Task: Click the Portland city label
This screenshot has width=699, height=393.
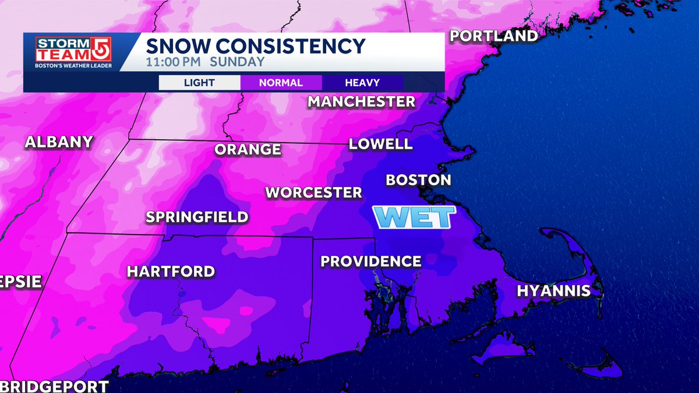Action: point(494,36)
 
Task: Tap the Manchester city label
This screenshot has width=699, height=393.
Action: point(361,101)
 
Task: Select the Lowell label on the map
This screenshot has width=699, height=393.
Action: point(380,144)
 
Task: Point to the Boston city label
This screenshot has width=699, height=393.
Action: point(418,180)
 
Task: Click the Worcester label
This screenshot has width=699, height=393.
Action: point(314,192)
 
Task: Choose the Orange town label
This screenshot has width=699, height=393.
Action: point(248,150)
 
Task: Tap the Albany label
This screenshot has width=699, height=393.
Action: point(59,141)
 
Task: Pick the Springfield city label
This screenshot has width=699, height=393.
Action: point(197,218)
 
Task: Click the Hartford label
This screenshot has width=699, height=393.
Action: point(171,271)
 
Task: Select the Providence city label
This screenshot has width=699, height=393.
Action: point(370,261)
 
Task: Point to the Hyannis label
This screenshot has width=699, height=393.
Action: point(553,291)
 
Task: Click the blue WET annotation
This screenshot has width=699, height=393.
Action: point(414,218)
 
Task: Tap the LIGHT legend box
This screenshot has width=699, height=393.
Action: point(199,83)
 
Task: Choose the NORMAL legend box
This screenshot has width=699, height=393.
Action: point(281,83)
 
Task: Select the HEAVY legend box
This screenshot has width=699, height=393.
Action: point(362,83)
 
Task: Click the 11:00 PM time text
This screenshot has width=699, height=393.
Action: point(173,62)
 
